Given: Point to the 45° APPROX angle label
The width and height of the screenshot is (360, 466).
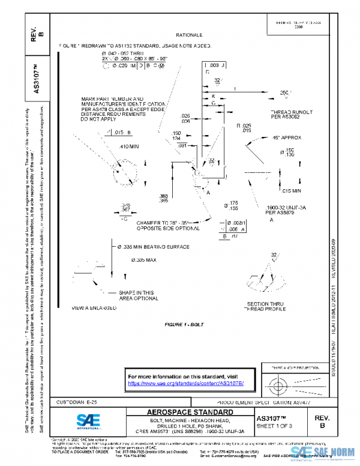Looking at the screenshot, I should click(x=286, y=138).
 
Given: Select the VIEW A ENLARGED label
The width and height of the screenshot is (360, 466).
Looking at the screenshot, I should click(x=94, y=308).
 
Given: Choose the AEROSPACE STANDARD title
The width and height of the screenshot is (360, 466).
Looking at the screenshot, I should click(x=190, y=413).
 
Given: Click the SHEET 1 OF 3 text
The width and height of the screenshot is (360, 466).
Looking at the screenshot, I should click(x=275, y=426).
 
